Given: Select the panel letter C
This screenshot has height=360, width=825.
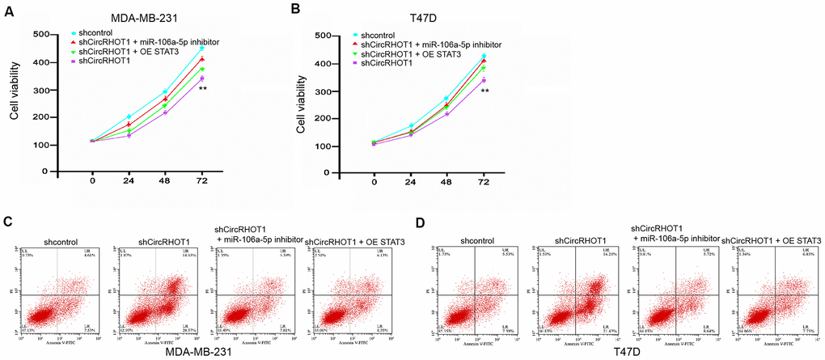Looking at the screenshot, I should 8,221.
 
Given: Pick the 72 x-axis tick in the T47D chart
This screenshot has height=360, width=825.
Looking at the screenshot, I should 484,184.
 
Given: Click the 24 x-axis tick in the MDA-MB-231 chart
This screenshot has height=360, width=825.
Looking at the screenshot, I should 129,184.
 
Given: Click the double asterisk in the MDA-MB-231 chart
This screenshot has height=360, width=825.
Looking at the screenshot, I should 203,88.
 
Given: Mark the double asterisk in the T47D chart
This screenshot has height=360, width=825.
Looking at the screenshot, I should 484,91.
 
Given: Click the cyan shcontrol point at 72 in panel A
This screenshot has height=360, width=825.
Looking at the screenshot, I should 202,49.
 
